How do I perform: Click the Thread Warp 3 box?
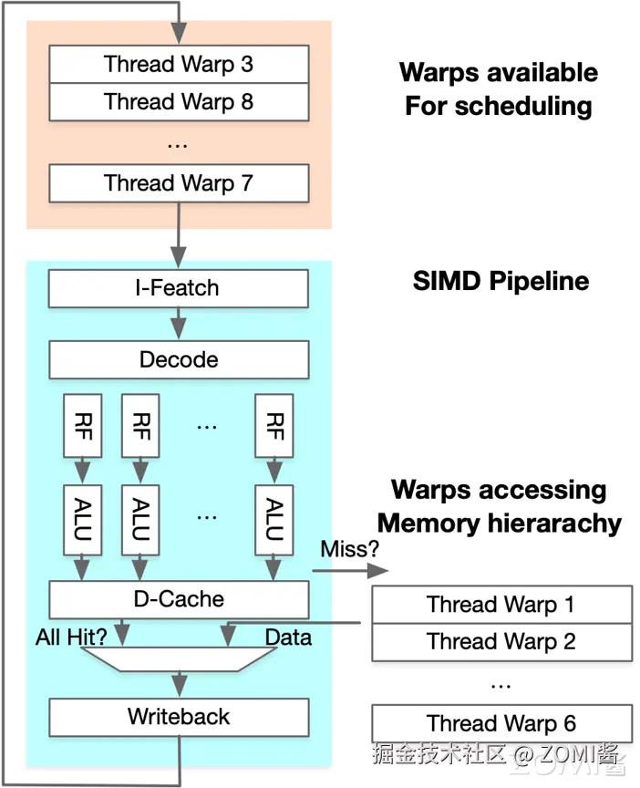(179, 65)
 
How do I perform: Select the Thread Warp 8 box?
(179, 102)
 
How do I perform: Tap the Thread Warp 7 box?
(179, 182)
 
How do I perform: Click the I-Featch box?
(179, 288)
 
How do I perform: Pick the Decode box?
(179, 359)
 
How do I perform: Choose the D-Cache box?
(179, 599)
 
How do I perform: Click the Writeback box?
(179, 717)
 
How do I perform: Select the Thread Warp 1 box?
(501, 605)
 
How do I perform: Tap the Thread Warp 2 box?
(501, 642)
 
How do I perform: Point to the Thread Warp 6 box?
(501, 724)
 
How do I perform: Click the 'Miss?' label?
(350, 550)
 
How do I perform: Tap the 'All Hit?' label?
(71, 638)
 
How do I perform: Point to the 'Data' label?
(288, 638)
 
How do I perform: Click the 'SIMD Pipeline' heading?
(501, 280)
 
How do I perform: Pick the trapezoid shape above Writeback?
(179, 658)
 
